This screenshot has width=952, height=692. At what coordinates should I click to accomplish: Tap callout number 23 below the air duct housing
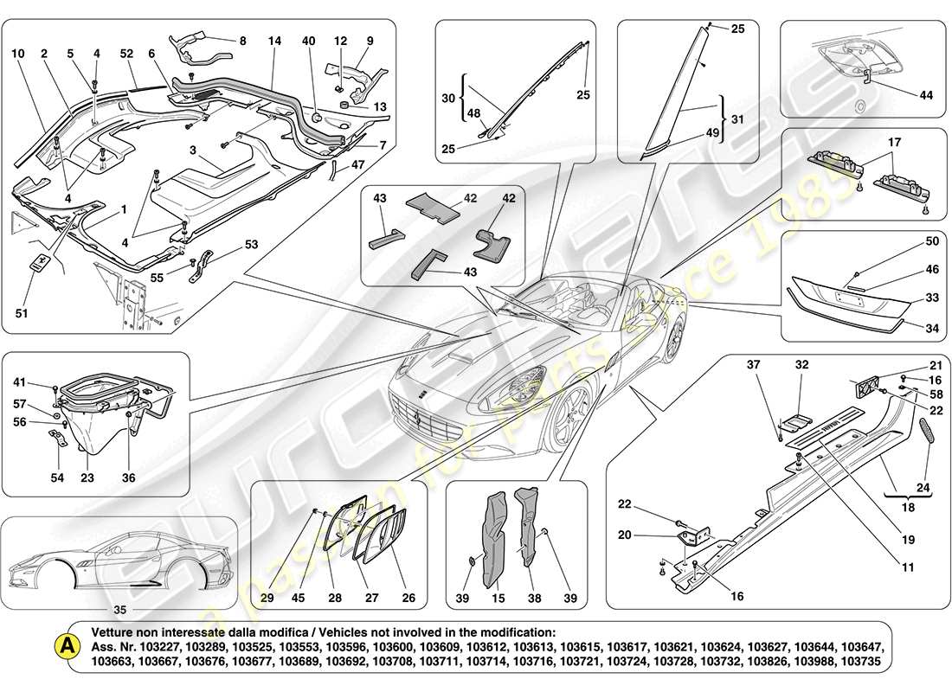tap(87, 476)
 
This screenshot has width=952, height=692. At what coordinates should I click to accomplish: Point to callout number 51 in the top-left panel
tap(22, 313)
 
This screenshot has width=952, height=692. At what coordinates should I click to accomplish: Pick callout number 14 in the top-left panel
tap(274, 40)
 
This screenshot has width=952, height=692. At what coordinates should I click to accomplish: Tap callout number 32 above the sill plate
tap(801, 365)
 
